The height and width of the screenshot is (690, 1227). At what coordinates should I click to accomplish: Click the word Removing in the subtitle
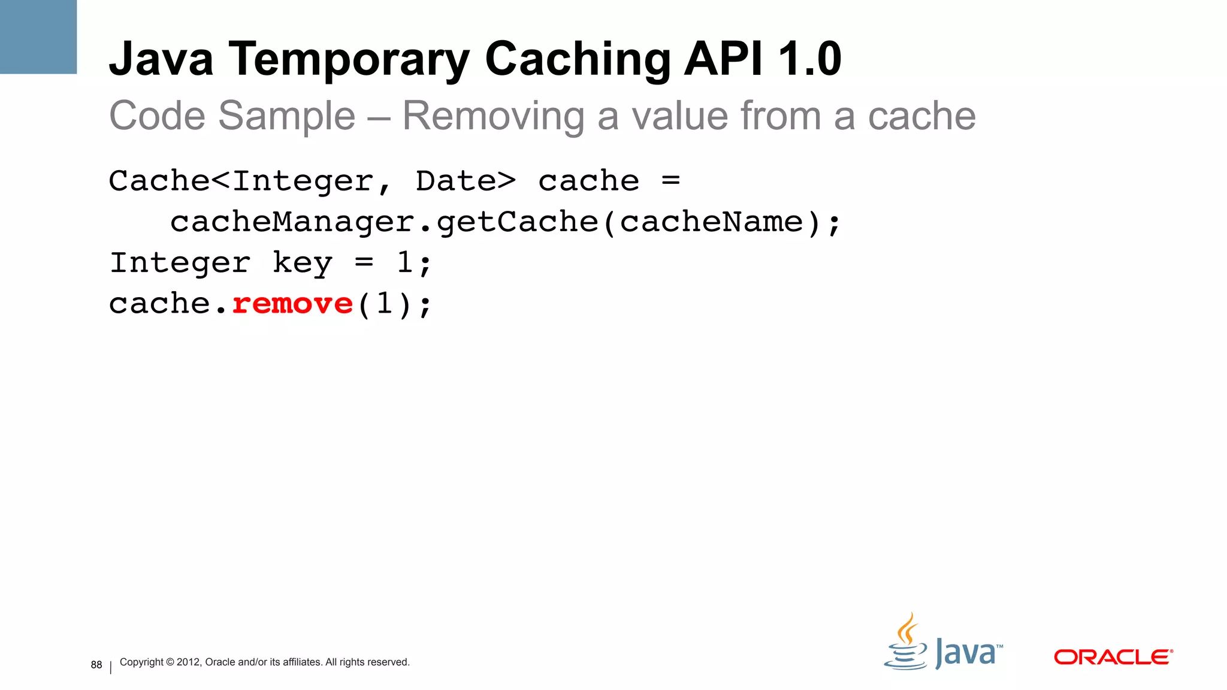click(493, 116)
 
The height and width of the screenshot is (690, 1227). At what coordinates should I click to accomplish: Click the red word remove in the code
click(292, 304)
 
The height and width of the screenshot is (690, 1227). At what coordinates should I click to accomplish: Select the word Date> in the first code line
click(466, 181)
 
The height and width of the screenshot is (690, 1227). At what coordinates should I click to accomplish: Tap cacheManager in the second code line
click(292, 222)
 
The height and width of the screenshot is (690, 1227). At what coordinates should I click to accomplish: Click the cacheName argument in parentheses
click(711, 222)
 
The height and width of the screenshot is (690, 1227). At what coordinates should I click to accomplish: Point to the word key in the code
click(302, 263)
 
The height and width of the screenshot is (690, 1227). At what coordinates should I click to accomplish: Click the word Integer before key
click(180, 263)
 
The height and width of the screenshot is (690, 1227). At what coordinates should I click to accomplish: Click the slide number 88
click(96, 665)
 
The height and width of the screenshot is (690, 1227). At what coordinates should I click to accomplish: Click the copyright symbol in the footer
click(170, 662)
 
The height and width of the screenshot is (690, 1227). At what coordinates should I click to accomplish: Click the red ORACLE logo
click(1113, 657)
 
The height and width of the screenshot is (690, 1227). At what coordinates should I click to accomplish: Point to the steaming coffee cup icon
click(906, 644)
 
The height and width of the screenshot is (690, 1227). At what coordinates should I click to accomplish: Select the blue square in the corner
click(38, 37)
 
